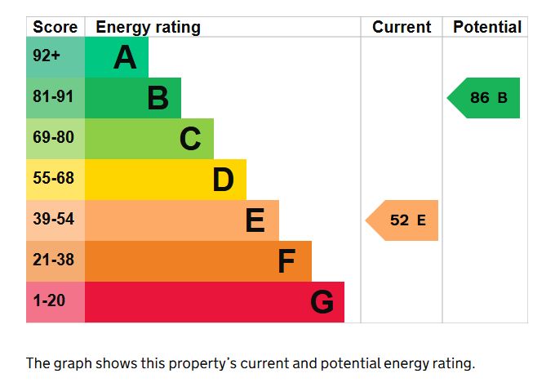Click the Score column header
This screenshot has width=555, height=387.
point(55,27)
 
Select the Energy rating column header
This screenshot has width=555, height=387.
point(148,27)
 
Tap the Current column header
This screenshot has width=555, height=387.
point(402,27)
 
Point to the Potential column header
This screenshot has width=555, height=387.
point(486,27)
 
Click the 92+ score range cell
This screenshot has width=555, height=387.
point(47,57)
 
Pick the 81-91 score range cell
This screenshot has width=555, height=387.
point(54,98)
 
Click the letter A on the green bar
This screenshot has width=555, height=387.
point(125,58)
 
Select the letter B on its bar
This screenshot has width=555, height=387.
point(158,99)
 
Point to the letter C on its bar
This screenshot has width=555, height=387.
point(190,140)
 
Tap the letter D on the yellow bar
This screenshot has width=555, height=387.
point(223,180)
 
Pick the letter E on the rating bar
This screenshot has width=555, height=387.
point(255,221)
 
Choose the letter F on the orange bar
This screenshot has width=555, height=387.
point(286,262)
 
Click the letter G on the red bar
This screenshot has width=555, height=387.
point(322,303)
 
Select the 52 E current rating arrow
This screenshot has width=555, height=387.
point(403,220)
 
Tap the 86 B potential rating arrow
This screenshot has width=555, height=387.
point(485,98)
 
